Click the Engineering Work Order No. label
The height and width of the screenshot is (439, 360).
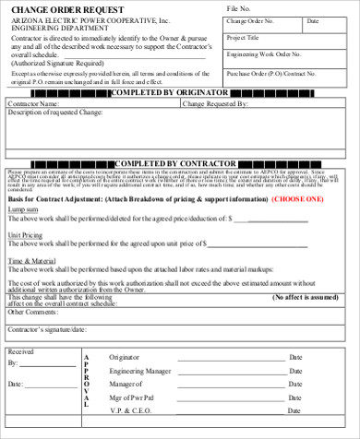click(269, 55)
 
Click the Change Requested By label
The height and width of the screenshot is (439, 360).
click(217, 104)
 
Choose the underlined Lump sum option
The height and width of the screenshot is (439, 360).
click(24, 209)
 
